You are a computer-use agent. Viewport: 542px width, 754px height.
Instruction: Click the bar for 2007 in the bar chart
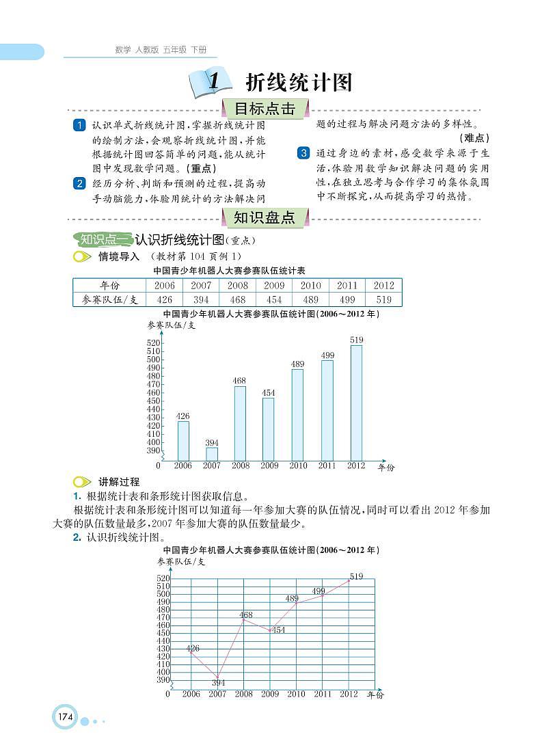click(x=212, y=454)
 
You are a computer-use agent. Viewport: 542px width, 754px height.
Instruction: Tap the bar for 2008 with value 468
click(x=240, y=423)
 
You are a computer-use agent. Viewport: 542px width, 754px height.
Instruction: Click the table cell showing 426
click(x=164, y=299)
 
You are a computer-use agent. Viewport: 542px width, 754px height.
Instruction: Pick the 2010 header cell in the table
click(x=310, y=286)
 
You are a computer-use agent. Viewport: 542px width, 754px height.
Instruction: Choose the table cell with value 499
click(x=347, y=299)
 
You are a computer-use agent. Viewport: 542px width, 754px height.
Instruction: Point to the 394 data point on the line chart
click(x=218, y=677)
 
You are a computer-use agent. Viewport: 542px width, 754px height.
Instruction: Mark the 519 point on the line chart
click(x=349, y=581)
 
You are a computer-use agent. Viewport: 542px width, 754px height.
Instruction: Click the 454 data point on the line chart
click(x=271, y=630)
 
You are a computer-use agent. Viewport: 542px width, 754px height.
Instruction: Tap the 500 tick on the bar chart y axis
click(x=154, y=360)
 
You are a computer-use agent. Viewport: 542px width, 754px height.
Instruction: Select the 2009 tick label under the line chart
click(x=270, y=694)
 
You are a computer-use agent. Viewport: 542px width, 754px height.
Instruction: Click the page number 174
click(x=65, y=717)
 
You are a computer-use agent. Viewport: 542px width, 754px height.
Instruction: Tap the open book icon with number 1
click(x=208, y=83)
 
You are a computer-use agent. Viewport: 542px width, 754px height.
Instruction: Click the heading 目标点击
click(x=265, y=109)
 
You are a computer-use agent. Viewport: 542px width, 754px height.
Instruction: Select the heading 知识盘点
click(x=265, y=218)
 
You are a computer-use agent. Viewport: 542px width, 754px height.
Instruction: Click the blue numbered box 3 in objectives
click(x=303, y=153)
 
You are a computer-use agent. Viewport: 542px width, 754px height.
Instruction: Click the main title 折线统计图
click(x=299, y=83)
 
